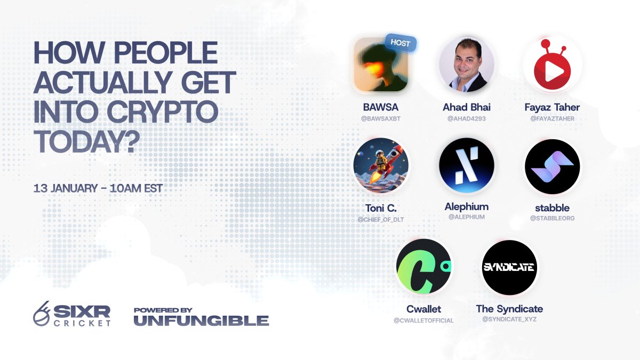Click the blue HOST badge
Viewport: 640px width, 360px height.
[400, 43]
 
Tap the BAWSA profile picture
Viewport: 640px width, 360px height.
[380, 65]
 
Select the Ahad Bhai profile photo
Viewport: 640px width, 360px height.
[467, 65]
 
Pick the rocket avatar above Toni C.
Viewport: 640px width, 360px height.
[381, 165]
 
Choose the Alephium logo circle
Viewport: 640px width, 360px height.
[467, 165]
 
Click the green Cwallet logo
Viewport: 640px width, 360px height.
[424, 267]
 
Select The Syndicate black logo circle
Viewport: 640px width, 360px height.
[509, 267]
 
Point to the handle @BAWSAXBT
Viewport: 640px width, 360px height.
[381, 118]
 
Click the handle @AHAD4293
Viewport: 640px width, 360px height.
[467, 118]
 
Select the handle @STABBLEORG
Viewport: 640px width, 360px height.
[552, 218]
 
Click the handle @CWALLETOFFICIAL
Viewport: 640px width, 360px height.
[424, 321]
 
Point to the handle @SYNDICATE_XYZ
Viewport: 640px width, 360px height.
[509, 319]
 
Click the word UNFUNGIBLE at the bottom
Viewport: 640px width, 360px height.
[201, 321]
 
